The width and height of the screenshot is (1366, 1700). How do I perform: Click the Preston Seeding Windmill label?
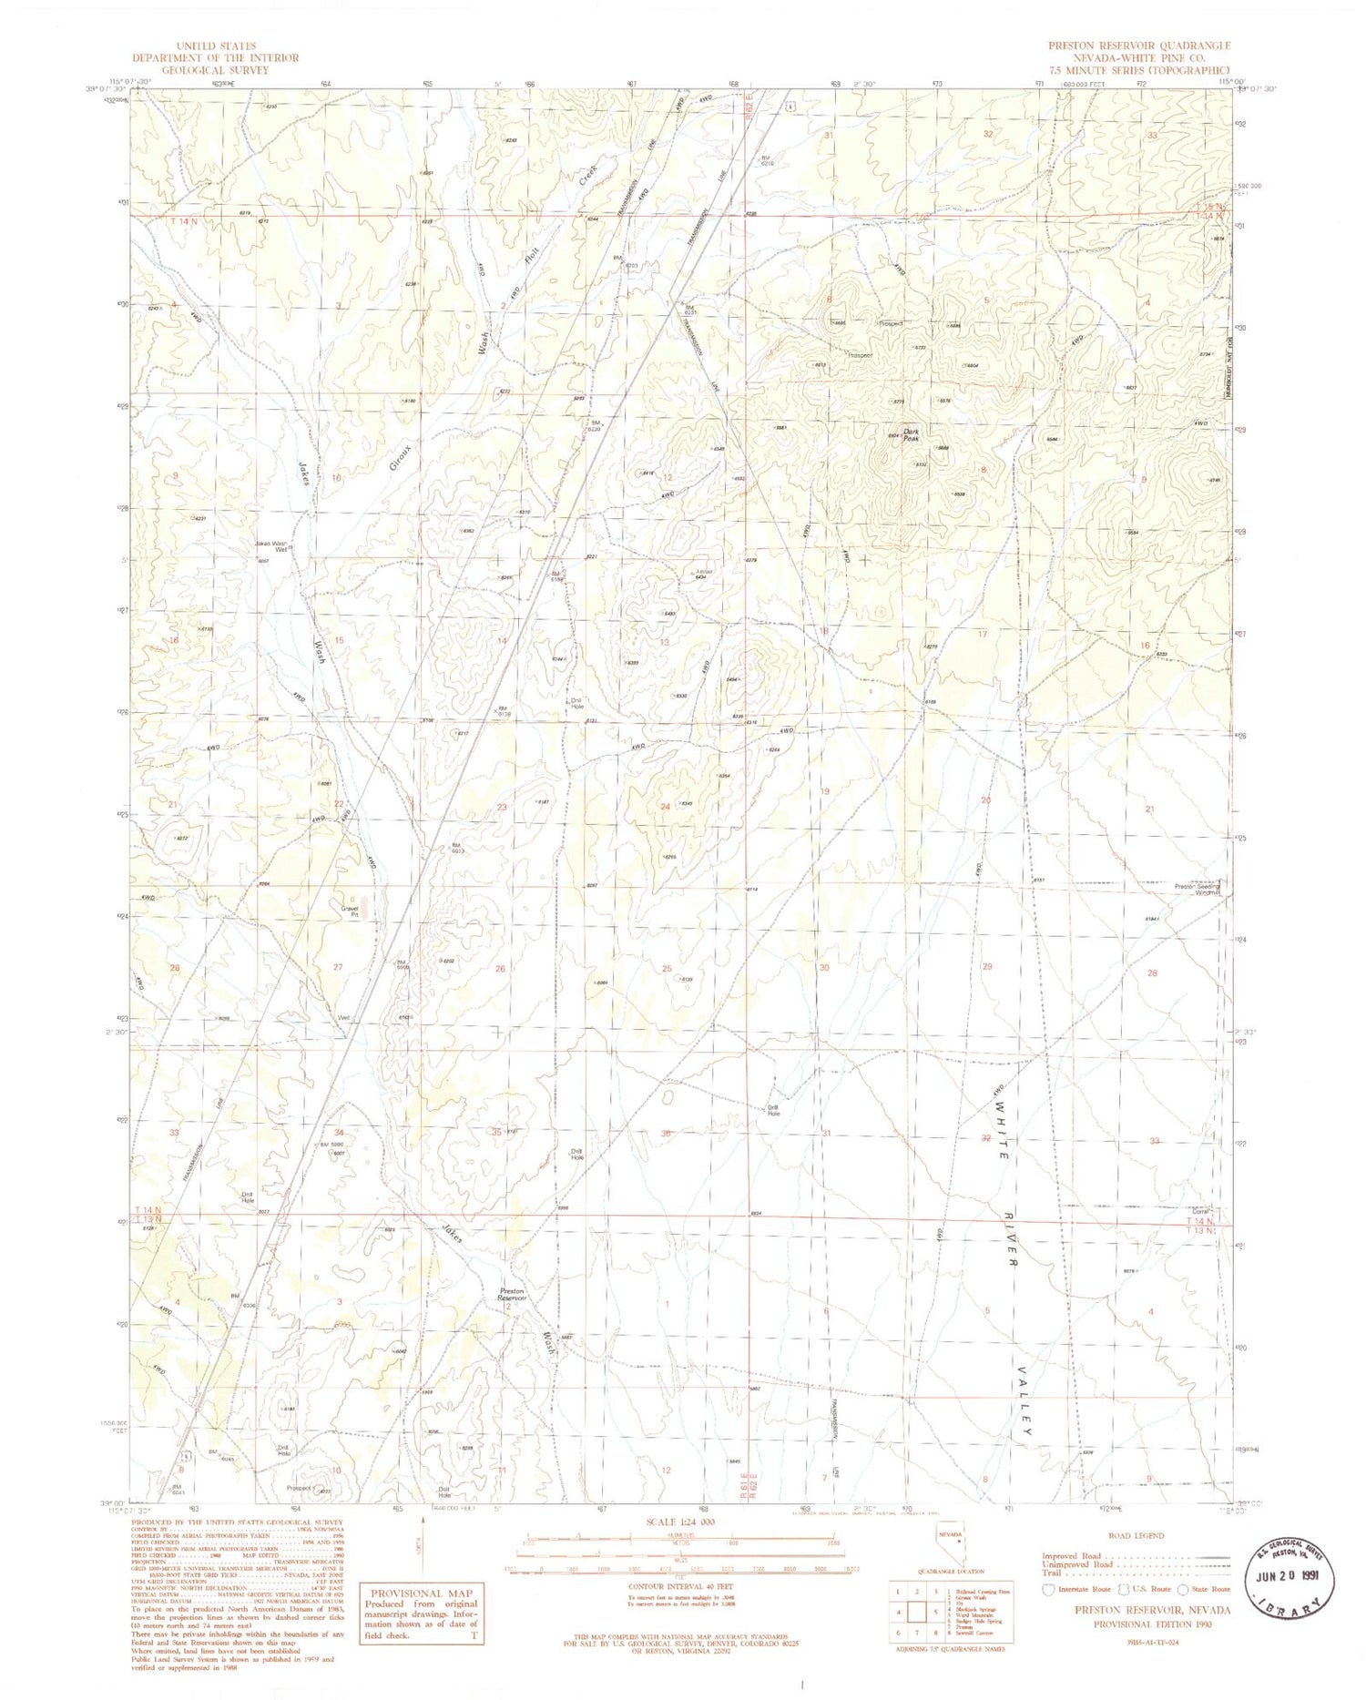(1196, 889)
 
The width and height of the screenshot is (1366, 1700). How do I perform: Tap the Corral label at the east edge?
(1200, 1211)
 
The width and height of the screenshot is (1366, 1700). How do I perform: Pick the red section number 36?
(667, 1133)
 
